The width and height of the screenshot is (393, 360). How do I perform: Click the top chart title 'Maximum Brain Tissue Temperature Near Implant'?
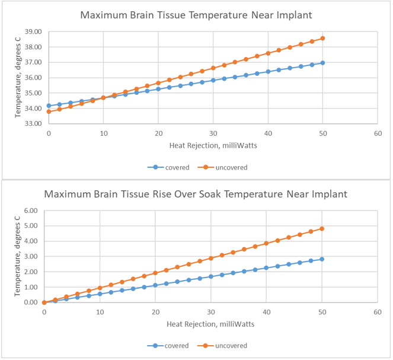click(196, 14)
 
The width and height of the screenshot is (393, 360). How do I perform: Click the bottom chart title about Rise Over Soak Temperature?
click(196, 194)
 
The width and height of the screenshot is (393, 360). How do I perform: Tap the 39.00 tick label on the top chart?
click(33, 31)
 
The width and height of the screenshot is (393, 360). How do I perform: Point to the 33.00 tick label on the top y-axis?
click(33, 124)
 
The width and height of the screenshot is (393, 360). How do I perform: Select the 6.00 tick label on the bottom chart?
click(30, 211)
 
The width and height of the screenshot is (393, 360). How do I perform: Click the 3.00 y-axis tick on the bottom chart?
click(30, 257)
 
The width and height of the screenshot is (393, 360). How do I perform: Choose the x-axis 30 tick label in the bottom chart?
click(210, 313)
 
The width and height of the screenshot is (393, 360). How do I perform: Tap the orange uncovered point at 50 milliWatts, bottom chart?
click(322, 228)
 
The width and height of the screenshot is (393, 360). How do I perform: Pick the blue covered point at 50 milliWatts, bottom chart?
click(322, 259)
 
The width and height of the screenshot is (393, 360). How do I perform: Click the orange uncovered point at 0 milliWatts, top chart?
click(49, 111)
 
